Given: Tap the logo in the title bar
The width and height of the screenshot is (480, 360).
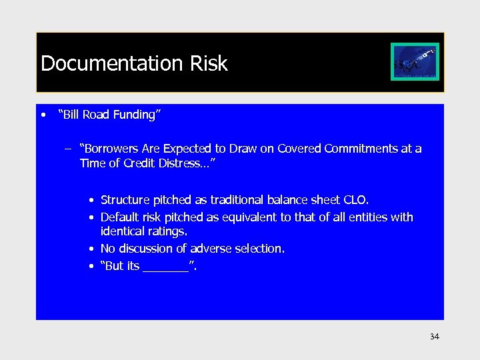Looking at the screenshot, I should tap(415, 61).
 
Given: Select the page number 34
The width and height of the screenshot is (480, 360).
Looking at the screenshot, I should tap(434, 337).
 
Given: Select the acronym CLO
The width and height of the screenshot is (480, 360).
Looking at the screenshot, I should tap(355, 200).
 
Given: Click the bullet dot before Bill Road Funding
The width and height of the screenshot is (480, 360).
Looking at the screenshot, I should tap(43, 115).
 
